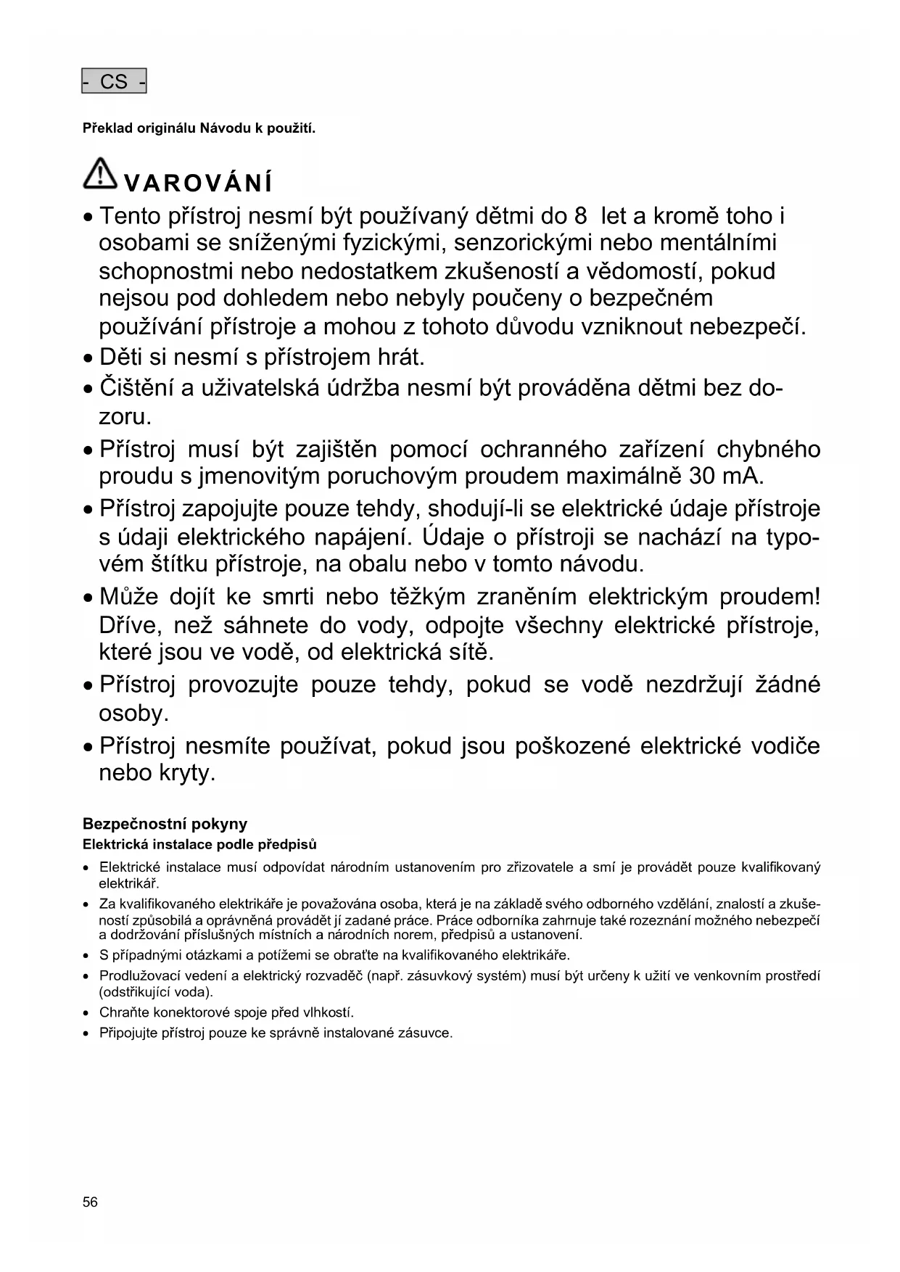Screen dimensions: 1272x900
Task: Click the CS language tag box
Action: pyautogui.click(x=114, y=81)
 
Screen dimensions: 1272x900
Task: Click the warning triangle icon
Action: pyautogui.click(x=101, y=174)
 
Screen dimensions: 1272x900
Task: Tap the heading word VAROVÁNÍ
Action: pyautogui.click(x=198, y=183)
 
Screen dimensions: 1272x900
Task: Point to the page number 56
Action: pyautogui.click(x=90, y=1202)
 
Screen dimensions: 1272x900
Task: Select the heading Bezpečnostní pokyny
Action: pyautogui.click(x=165, y=824)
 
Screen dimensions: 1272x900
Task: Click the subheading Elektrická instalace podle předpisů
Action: pyautogui.click(x=199, y=845)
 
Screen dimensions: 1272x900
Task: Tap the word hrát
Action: pyautogui.click(x=401, y=358)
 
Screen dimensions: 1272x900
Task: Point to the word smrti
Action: pyautogui.click(x=288, y=597)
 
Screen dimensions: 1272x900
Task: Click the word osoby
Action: pyautogui.click(x=133, y=714)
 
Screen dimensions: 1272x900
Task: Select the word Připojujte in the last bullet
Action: pyautogui.click(x=128, y=1033)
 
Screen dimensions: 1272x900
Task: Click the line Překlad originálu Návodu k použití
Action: pyautogui.click(x=199, y=129)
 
